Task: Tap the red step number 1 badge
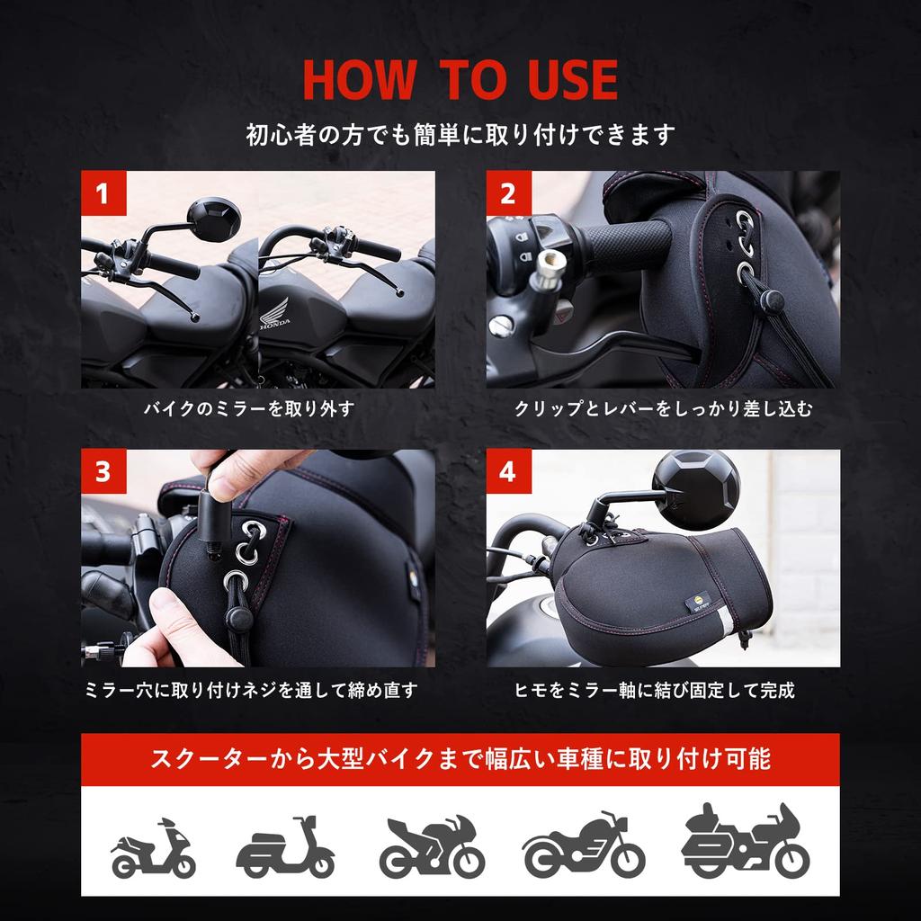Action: tap(103, 193)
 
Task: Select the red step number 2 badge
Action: tap(509, 193)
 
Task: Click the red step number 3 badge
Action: tap(103, 472)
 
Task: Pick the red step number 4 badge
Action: tap(509, 472)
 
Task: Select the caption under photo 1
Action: tap(249, 409)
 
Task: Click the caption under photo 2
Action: tap(663, 409)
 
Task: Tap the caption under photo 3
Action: tap(250, 691)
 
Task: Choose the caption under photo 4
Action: tap(654, 691)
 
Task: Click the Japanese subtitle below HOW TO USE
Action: tap(460, 135)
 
